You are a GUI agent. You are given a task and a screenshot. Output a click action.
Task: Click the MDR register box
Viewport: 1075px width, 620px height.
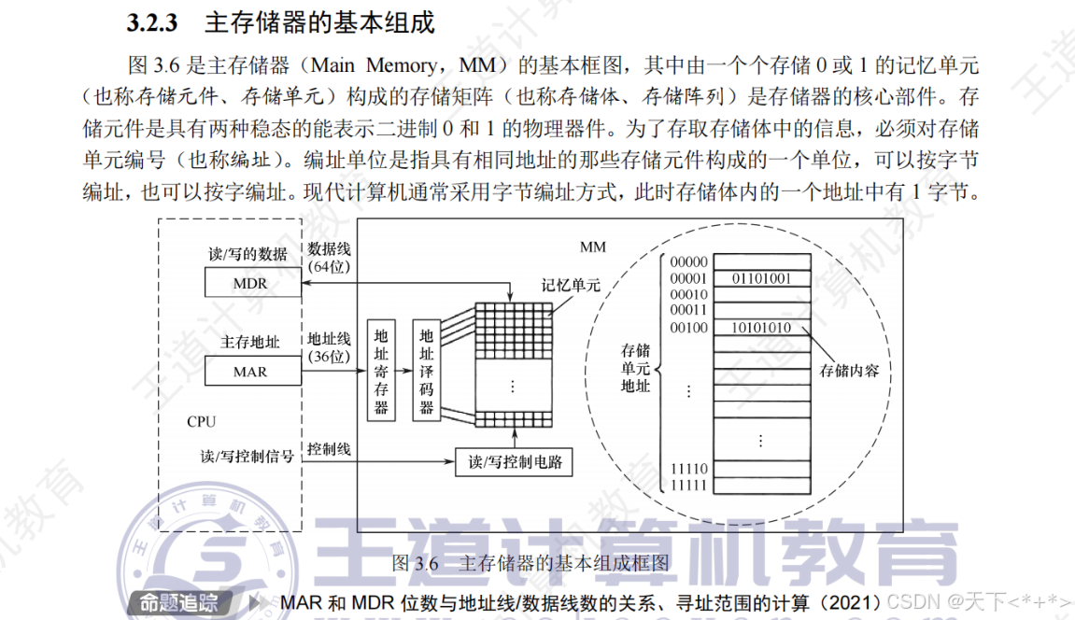tap(252, 283)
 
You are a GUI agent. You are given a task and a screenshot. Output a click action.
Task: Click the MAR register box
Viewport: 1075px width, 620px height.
tap(252, 372)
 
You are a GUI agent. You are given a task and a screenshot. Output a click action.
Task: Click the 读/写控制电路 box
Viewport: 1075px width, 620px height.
tap(513, 461)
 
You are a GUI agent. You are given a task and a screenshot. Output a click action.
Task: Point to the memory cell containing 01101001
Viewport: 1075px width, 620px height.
tap(760, 278)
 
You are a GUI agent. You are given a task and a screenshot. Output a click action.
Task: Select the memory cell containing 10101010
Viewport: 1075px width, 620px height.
tap(760, 328)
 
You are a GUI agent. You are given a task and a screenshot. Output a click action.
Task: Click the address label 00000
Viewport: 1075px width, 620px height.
tap(689, 262)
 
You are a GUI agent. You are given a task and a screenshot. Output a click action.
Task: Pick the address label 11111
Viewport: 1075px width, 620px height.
tap(689, 486)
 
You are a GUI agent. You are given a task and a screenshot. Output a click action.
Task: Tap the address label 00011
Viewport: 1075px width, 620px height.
tap(689, 310)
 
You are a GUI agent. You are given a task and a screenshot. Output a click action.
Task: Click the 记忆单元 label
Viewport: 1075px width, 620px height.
tap(569, 286)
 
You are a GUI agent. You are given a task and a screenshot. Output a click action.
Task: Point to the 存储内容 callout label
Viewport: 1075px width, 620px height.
tap(849, 370)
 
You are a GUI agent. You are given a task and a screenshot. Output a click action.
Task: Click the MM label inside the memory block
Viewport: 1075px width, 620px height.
tap(593, 247)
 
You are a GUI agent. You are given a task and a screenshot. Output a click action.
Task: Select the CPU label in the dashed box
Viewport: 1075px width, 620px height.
tap(201, 421)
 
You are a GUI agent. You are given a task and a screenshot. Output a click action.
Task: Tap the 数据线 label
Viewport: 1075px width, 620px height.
tap(329, 248)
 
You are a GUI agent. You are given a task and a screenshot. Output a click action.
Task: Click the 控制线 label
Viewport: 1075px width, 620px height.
tap(329, 449)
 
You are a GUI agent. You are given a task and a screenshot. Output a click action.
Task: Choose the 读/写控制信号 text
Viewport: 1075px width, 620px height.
tap(248, 457)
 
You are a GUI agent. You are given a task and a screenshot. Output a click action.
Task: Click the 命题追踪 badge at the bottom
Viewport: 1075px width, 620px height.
tap(177, 602)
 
